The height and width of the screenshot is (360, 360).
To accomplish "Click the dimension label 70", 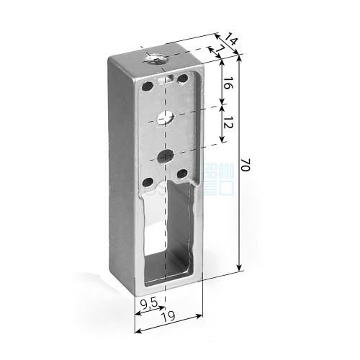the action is pos(246,165).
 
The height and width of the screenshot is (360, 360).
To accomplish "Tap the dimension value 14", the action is pos(231,38).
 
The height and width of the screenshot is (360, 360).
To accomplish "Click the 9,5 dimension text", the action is pos(149,304).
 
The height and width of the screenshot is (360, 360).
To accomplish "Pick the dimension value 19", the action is pos(168,317).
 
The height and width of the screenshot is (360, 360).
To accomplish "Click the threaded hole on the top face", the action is pos(156,59).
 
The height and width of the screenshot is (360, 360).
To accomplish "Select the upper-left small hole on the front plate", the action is pos(148,86).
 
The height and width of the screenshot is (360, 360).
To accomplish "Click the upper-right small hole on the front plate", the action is pos(182,78).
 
